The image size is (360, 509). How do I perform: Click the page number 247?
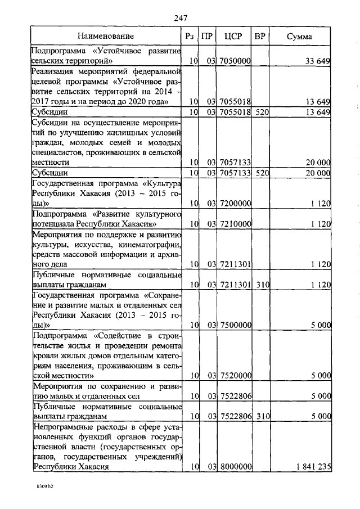pos(180,18)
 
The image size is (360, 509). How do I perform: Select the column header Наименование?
pos(106,37)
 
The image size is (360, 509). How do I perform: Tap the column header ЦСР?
pos(232,37)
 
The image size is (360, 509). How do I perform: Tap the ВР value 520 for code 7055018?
pos(260,112)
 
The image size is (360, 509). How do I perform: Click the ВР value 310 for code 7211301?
pos(260,285)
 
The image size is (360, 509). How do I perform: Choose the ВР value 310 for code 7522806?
pos(260,417)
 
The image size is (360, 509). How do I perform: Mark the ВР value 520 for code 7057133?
pos(260,173)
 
